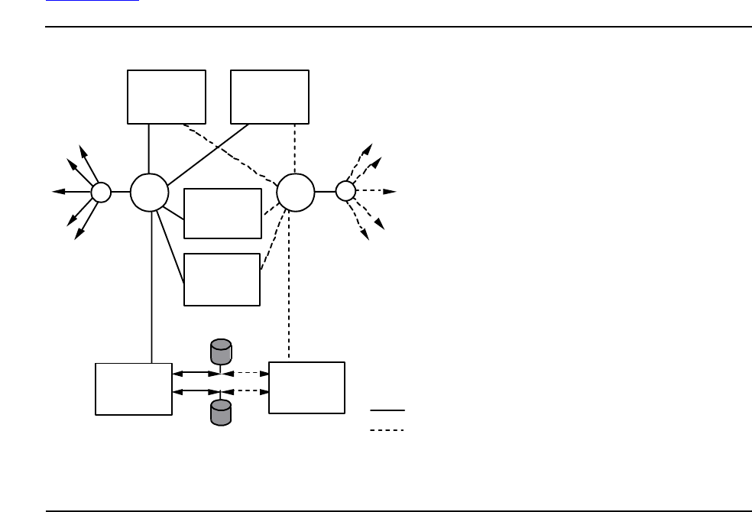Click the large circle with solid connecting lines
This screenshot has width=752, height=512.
pyautogui.click(x=149, y=192)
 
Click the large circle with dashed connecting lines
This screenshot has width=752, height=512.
pyautogui.click(x=295, y=192)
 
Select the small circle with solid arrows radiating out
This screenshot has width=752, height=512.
pyautogui.click(x=101, y=192)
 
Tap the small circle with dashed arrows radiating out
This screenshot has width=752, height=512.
pyautogui.click(x=345, y=191)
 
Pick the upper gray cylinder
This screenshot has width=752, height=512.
pyautogui.click(x=221, y=352)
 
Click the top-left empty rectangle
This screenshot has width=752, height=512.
pyautogui.click(x=167, y=96)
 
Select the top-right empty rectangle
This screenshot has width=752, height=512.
pyautogui.click(x=270, y=96)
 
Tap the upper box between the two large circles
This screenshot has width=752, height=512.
pyautogui.click(x=222, y=213)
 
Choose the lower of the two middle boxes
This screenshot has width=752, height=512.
pyautogui.click(x=222, y=279)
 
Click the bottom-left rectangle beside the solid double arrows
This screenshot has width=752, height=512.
pyautogui.click(x=134, y=389)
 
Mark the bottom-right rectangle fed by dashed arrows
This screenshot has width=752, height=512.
pyautogui.click(x=306, y=388)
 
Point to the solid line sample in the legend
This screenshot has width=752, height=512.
pyautogui.click(x=387, y=410)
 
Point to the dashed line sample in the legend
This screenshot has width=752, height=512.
pyautogui.click(x=387, y=430)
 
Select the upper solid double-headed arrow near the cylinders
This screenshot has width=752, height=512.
pyautogui.click(x=196, y=374)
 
